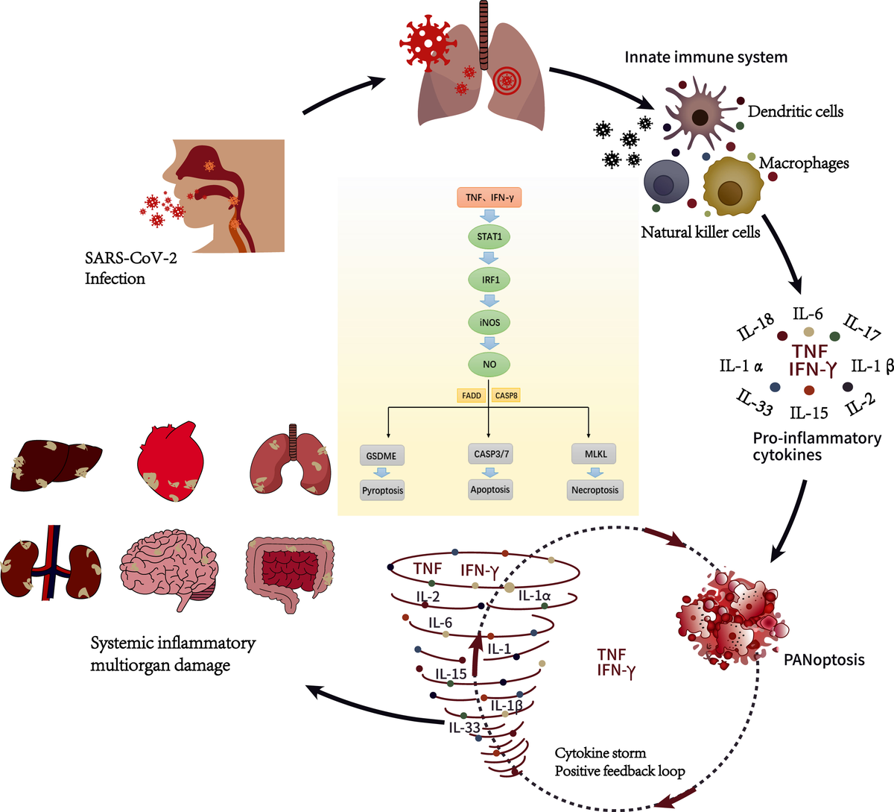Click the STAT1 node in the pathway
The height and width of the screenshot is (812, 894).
489,236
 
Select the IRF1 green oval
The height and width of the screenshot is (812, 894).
489,280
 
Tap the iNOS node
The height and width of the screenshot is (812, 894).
489,322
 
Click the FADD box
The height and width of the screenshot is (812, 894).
472,395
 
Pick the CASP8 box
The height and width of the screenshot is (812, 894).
507,395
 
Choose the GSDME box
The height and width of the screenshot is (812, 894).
381,455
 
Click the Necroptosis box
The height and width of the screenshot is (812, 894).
595,491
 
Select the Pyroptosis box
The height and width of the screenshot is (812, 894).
382,491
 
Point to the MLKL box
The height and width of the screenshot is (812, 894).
595,453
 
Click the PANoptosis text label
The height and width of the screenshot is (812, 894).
824,660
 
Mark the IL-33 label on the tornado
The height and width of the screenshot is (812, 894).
464,727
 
